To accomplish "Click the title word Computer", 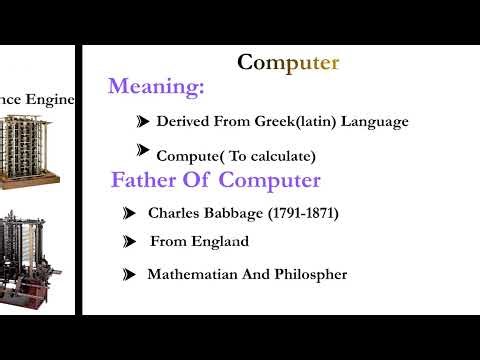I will (x=288, y=63).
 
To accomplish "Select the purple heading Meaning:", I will (x=156, y=87).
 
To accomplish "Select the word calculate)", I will (x=281, y=156).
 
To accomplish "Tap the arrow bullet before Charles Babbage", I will (x=128, y=213).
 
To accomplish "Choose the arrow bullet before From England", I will (x=128, y=242).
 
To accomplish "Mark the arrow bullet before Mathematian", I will (x=128, y=274).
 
